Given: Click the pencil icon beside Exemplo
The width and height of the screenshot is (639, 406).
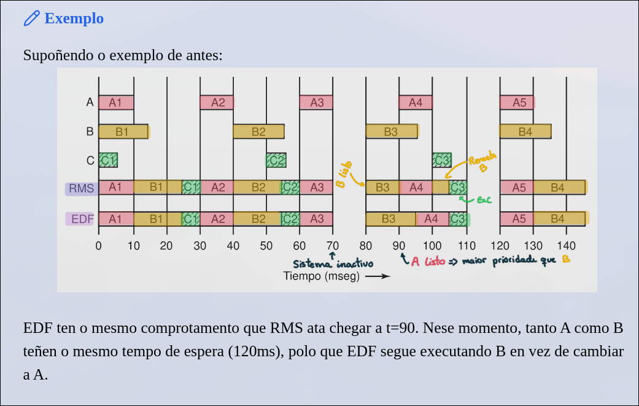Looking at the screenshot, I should (31, 18).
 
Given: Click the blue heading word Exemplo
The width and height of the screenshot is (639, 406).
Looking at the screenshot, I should (74, 18).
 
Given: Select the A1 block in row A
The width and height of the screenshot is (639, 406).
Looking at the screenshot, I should (115, 103).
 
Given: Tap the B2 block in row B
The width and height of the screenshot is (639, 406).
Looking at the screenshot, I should (258, 131).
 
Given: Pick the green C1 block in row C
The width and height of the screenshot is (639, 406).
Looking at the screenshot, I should (108, 160).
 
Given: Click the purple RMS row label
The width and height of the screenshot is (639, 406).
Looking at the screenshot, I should (81, 189).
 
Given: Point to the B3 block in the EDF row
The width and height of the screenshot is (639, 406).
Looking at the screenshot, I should (389, 219).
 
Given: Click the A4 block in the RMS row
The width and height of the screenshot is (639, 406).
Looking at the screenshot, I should (416, 187).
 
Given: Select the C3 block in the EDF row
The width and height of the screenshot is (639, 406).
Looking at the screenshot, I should (458, 219).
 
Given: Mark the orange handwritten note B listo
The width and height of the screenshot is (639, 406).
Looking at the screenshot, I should (346, 175).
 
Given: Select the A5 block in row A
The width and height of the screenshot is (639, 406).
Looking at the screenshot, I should (517, 103).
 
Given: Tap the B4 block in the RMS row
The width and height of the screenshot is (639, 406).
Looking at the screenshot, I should (557, 187).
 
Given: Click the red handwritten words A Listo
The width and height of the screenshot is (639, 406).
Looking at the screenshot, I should (428, 261).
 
